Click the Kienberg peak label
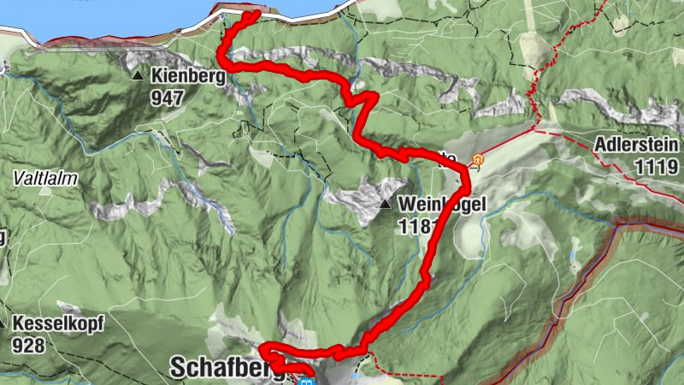click(187, 76)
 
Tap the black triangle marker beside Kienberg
click(138, 76)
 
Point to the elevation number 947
click(167, 97)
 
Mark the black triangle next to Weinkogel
click(386, 204)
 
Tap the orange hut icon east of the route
click(478, 160)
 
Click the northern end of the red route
click(255, 15)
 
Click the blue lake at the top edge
click(128, 17)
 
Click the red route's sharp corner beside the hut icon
click(467, 169)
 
